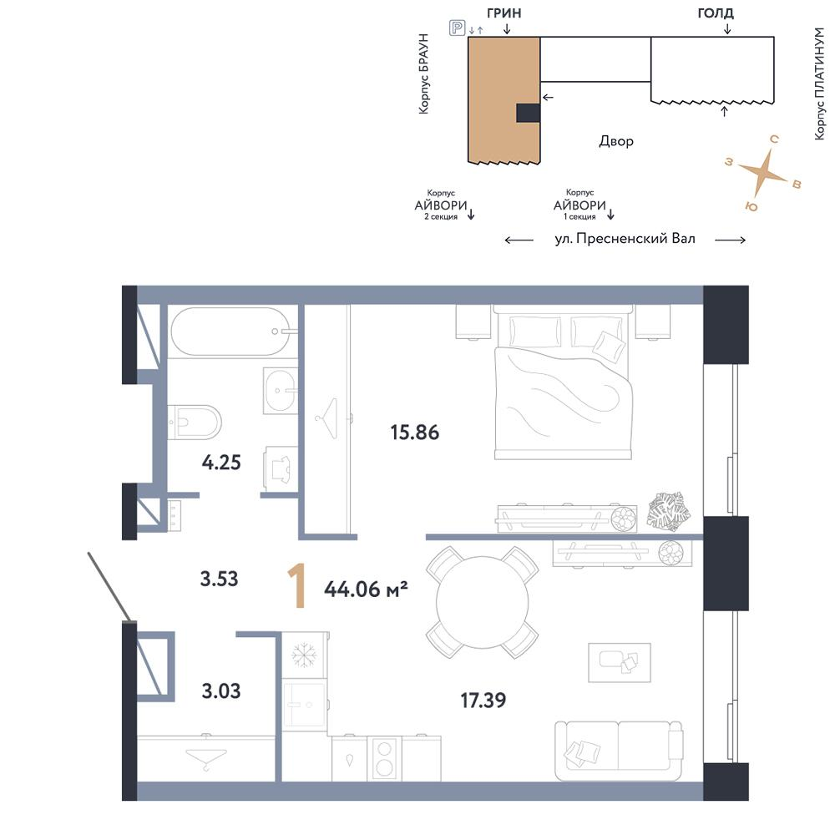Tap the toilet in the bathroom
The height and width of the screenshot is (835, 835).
[x=195, y=423]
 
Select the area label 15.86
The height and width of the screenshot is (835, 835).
[x=415, y=433]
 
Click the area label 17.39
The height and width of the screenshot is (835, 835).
[x=483, y=701]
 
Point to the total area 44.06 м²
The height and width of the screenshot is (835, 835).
[x=366, y=589]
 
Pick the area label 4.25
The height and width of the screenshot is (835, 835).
[x=221, y=463]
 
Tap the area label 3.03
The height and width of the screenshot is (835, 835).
[x=221, y=691]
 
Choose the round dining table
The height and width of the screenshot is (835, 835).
[x=483, y=602]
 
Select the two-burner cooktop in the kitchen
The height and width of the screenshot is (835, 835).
[x=384, y=758]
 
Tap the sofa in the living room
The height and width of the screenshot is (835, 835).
[x=619, y=751]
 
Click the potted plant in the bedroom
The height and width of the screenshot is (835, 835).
[x=668, y=511]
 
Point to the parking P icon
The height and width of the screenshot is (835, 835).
[x=458, y=28]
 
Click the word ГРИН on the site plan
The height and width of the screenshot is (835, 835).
[x=504, y=13]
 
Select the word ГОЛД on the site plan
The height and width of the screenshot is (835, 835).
[x=716, y=13]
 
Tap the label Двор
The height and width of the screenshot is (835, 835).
[x=616, y=141]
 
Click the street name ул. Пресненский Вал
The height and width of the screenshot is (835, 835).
[x=625, y=239]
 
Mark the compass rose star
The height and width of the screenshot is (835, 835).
[x=763, y=172]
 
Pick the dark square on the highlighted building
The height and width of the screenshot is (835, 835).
[x=529, y=113]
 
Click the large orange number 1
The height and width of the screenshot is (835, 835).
[x=297, y=587]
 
